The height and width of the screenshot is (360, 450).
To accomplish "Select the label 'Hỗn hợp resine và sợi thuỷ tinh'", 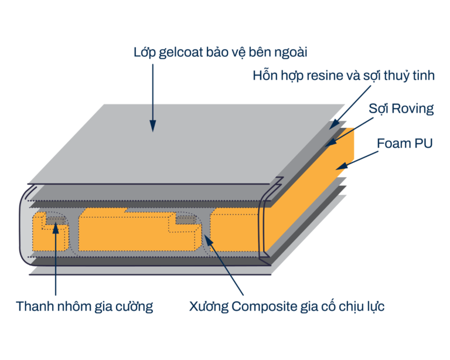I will pos(343,76).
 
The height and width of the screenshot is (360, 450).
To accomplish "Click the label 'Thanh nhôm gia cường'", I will pos(84,306).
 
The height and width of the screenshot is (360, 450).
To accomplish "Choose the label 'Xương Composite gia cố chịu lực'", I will pos(287,306).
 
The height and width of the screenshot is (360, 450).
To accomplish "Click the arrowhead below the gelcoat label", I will pos(152,125).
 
